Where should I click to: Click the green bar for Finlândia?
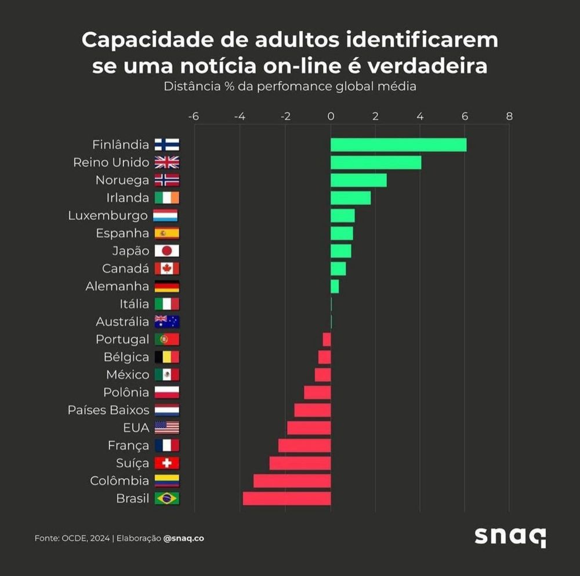pos(398,144)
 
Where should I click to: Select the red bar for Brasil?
pos(287,498)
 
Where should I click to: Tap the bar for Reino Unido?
pos(376,162)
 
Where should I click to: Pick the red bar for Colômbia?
pos(292,481)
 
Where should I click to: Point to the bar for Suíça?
pos(300,463)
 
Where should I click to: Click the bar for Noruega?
pos(358,180)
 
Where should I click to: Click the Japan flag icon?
pos(167,251)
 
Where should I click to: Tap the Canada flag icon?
pos(167,269)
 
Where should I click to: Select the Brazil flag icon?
pos(167,498)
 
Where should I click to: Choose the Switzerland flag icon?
pos(167,463)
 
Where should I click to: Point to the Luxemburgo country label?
pos(108,216)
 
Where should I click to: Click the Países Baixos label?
pos(108,410)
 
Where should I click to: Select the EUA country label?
pos(136,428)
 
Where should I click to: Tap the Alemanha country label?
pos(117,286)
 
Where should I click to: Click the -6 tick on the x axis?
pos(194,116)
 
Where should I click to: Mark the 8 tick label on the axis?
pos(509,116)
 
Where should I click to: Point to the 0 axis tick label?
pos(331,116)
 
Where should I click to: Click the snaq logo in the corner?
pos(510,537)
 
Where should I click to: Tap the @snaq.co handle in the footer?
pos(183,538)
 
